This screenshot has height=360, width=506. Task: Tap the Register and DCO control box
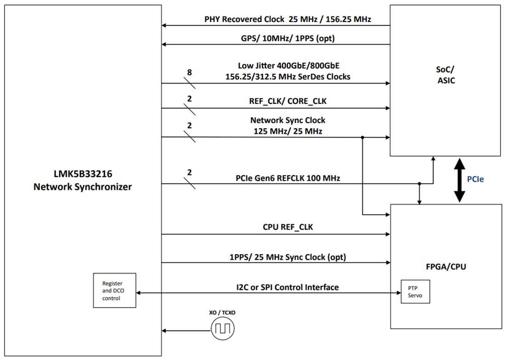[115, 291]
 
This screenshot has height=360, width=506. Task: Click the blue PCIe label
[475, 179]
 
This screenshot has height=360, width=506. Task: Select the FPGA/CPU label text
[445, 266]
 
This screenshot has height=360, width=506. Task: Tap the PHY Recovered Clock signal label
[287, 20]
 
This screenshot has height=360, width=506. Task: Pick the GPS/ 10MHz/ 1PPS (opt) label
[287, 39]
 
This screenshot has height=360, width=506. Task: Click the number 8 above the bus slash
[189, 72]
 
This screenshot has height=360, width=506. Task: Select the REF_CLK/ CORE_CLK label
[287, 101]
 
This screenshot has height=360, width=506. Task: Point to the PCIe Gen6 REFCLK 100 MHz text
[287, 177]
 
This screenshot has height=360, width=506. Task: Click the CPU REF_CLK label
[287, 227]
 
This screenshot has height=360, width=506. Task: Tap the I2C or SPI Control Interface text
[287, 287]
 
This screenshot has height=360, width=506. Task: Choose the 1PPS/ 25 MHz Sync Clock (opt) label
[287, 257]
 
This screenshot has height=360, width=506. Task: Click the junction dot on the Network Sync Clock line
[362, 137]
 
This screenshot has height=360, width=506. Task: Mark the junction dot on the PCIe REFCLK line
[419, 184]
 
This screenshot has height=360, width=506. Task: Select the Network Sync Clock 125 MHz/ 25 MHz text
[287, 126]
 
